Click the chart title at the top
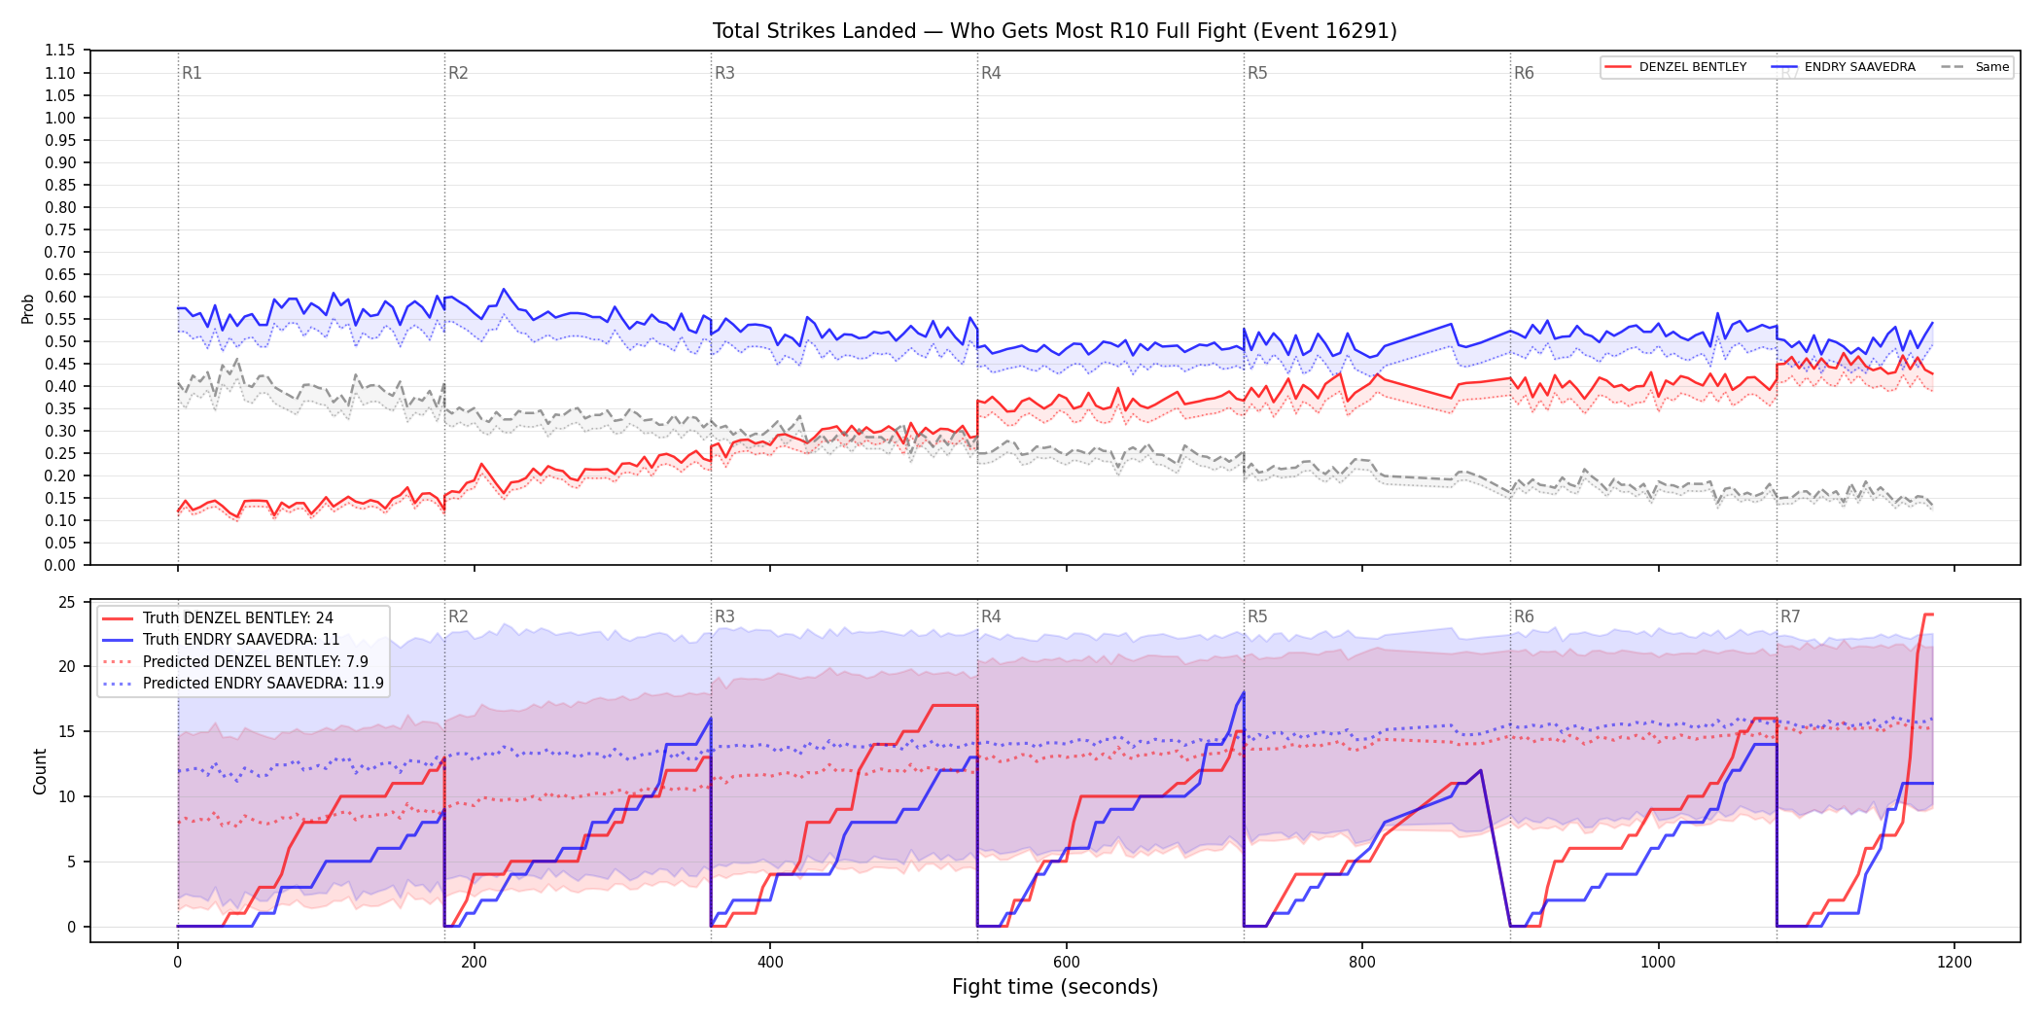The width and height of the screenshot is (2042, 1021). (1054, 31)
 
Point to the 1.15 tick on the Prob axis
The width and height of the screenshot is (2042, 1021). (60, 51)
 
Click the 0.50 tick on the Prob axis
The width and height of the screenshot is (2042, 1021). (60, 341)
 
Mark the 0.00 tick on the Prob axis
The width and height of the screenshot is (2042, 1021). (60, 565)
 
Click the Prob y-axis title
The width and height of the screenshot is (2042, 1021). (28, 308)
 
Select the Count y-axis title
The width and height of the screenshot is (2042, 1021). (40, 771)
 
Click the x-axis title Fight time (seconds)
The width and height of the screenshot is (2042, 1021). (1055, 987)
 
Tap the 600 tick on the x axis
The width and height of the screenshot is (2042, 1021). (1066, 963)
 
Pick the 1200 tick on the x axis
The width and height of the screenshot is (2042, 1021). (1954, 963)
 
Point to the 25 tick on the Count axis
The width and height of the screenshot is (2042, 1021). (67, 602)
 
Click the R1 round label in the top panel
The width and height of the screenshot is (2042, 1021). (192, 73)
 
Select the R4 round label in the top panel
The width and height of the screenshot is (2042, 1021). (991, 73)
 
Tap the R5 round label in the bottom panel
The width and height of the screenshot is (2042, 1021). (1257, 616)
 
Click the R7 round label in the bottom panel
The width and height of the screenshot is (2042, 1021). (1790, 616)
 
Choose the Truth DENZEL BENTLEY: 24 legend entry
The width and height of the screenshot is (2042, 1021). (238, 618)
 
